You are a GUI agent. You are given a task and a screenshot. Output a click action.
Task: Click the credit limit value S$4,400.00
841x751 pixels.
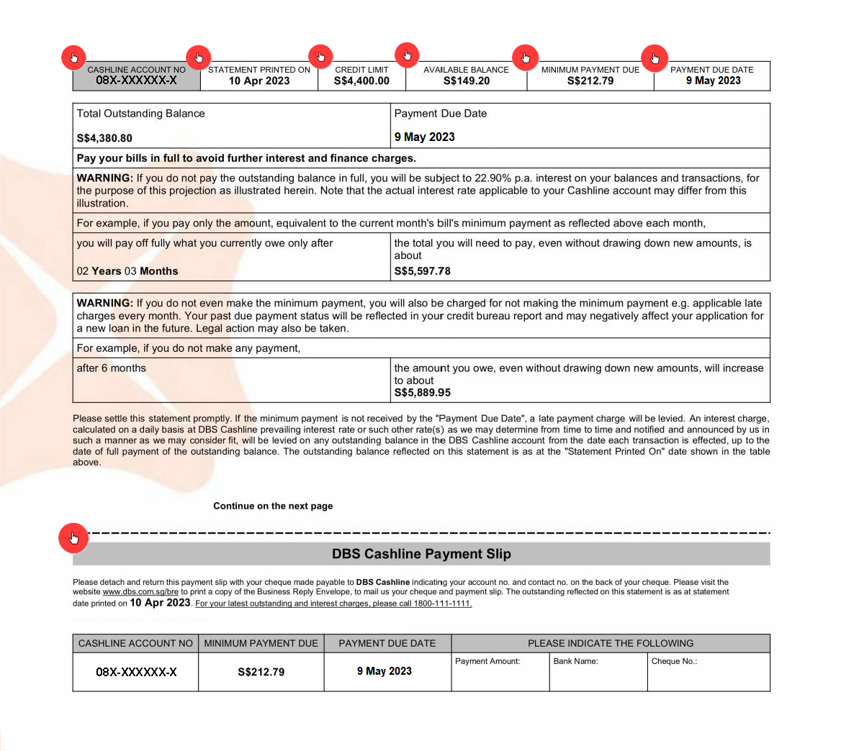(361, 81)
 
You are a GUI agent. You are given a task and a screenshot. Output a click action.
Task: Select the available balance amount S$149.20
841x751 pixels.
(467, 81)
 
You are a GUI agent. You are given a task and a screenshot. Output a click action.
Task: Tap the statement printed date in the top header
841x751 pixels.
(259, 81)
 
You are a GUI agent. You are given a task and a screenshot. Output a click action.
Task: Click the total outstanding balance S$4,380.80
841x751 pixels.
(104, 138)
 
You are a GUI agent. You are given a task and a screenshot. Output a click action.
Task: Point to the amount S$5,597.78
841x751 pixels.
(423, 271)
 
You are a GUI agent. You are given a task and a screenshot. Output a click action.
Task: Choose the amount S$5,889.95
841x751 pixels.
(423, 393)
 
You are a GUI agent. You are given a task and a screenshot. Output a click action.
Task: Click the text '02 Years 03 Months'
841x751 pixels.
(127, 271)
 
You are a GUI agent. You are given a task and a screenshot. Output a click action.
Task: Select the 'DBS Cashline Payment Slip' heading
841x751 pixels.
(421, 554)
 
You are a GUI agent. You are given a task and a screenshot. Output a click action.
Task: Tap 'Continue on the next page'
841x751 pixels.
(273, 506)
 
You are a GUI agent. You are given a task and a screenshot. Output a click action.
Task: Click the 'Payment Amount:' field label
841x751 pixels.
(487, 661)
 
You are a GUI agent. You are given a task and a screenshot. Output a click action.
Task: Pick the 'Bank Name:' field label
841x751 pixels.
(575, 661)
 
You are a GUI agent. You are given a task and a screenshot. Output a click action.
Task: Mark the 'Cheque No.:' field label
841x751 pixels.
(674, 661)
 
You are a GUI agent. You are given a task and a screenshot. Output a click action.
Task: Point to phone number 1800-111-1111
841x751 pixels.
(442, 604)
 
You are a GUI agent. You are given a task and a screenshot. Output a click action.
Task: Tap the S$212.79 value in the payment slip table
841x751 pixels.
(261, 672)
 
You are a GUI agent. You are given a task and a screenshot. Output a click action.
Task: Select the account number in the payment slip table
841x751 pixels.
(136, 672)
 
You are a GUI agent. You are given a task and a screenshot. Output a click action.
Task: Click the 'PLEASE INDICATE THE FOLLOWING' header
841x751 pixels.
(611, 643)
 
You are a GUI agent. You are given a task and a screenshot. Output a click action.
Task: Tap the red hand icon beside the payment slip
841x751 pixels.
(73, 537)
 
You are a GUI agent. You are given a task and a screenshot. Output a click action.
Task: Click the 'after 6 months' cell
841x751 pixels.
(112, 368)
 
